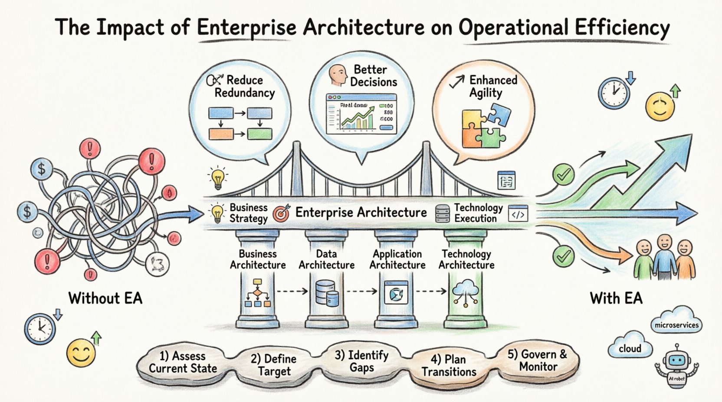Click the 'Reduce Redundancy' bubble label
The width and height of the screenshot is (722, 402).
[x=244, y=86]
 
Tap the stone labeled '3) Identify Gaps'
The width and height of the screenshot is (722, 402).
[x=361, y=361]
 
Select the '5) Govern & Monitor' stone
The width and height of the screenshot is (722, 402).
[x=538, y=360]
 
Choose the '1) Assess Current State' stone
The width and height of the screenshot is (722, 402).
[x=182, y=363]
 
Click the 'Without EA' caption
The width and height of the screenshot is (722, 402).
[x=105, y=298]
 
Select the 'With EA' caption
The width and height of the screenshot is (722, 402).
[x=616, y=298]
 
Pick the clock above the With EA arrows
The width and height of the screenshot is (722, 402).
[x=614, y=93]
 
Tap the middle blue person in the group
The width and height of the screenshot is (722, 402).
[x=664, y=258]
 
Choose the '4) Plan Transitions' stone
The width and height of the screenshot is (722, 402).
[x=449, y=366]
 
